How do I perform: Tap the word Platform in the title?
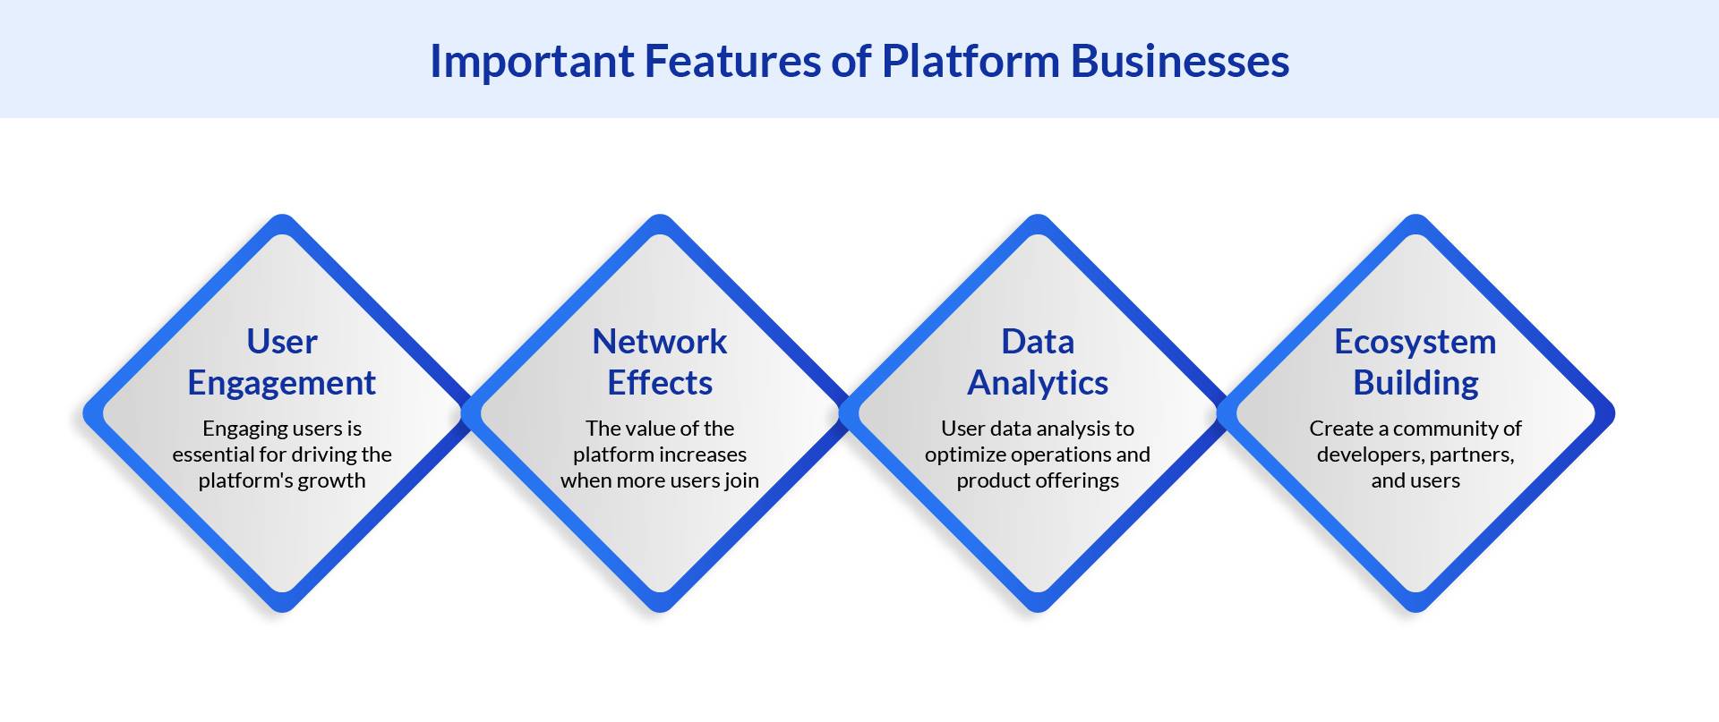[971, 61]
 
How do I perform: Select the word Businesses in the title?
[1180, 61]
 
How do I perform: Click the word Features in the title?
[730, 61]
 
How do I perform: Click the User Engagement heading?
[282, 362]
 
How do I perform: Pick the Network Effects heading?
[660, 362]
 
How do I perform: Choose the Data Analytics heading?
[1038, 362]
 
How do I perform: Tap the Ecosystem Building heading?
[1415, 362]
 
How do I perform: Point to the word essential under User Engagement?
[213, 454]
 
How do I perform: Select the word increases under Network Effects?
[703, 454]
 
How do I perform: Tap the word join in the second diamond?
[741, 480]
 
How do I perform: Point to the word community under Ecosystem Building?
[1445, 429]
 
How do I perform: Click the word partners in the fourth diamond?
[1472, 454]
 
